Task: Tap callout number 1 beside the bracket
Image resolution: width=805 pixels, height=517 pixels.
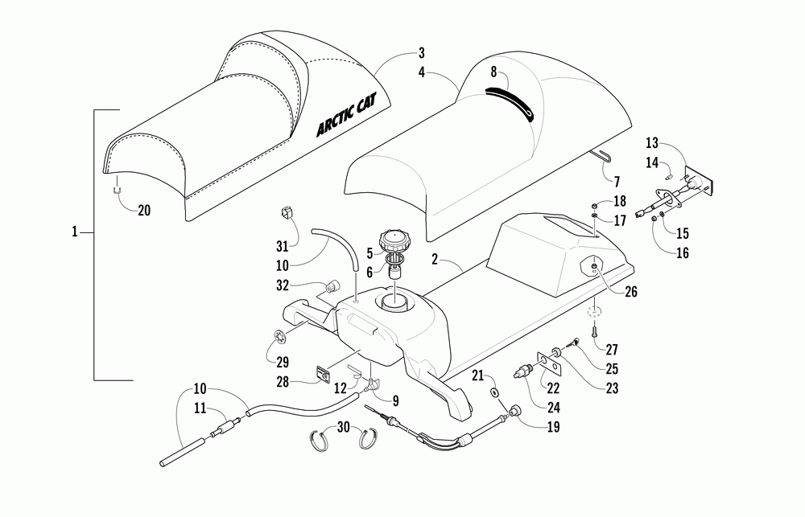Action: pyautogui.click(x=74, y=232)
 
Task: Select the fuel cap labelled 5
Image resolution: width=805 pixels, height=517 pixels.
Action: pyautogui.click(x=398, y=240)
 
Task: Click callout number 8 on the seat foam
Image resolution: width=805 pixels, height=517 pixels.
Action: pyautogui.click(x=493, y=72)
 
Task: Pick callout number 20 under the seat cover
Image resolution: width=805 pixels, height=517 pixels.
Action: pyautogui.click(x=144, y=211)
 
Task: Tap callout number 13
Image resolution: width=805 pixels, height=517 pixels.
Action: pyautogui.click(x=651, y=142)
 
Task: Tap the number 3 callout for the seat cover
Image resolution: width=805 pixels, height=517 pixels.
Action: pyautogui.click(x=421, y=55)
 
